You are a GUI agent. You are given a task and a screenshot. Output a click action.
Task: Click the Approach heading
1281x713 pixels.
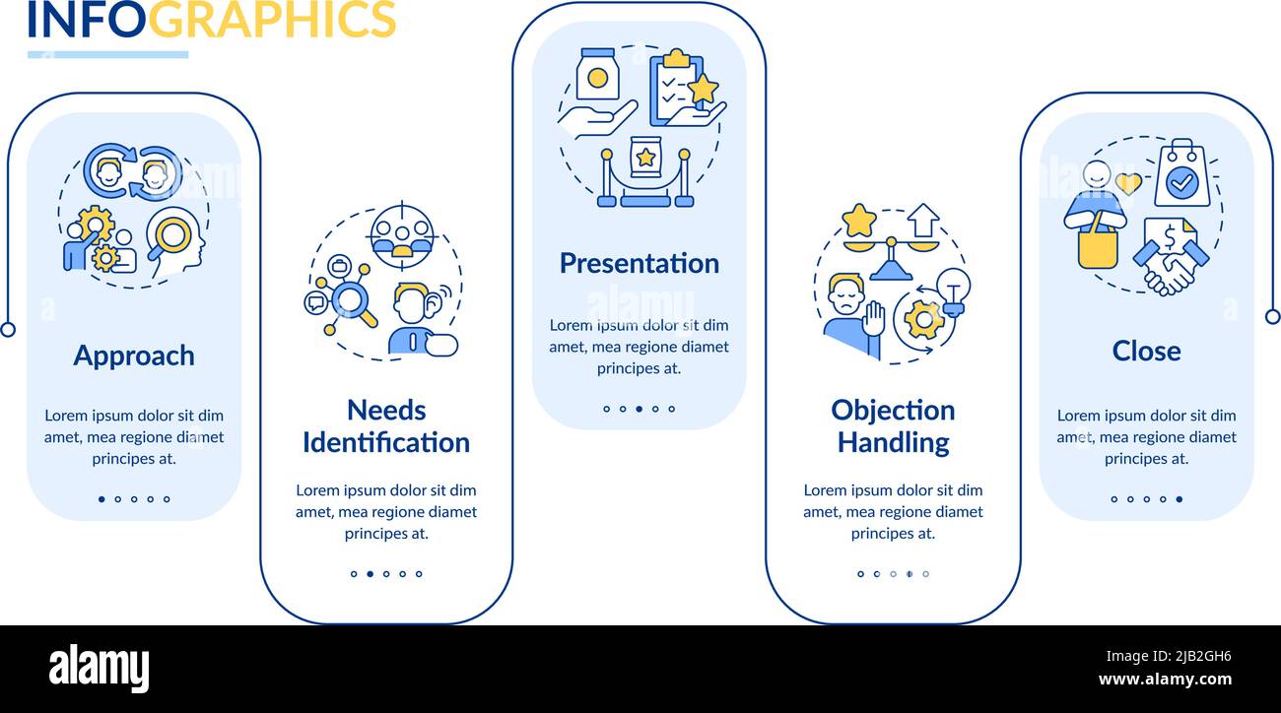click(x=134, y=356)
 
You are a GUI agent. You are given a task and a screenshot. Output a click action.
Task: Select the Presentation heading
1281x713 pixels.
click(x=640, y=263)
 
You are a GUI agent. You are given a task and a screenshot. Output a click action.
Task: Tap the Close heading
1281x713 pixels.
click(x=1146, y=351)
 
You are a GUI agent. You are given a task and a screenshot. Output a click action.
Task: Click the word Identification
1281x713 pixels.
click(x=386, y=442)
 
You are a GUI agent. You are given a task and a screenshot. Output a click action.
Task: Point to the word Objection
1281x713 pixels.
click(x=893, y=411)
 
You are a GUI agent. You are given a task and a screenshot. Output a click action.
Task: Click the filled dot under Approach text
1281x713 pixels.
click(x=101, y=499)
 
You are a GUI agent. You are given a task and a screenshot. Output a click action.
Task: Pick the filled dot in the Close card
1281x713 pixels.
click(x=1179, y=499)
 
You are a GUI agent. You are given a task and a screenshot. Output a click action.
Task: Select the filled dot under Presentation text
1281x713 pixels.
click(x=639, y=409)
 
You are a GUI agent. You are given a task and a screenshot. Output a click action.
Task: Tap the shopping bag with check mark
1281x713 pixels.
click(x=1181, y=173)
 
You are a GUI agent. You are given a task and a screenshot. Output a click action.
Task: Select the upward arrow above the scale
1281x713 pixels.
click(x=923, y=220)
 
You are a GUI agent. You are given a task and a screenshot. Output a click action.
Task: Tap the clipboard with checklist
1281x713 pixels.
click(x=677, y=89)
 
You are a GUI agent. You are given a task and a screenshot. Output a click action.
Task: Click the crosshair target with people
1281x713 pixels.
click(x=402, y=235)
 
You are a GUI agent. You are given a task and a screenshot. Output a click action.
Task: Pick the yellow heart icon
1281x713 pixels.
click(x=1128, y=183)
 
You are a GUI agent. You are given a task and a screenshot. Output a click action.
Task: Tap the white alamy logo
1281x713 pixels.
click(x=99, y=669)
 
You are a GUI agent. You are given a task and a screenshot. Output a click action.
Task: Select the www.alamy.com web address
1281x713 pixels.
click(x=1165, y=680)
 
